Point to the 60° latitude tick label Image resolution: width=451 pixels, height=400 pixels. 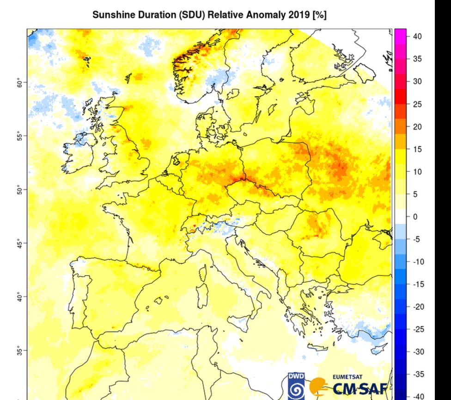(x=19, y=83)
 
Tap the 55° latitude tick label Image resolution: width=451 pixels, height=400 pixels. (x=19, y=136)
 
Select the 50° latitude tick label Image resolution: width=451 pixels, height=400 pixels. (x=19, y=190)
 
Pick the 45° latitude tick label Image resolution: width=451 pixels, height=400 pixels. (x=19, y=243)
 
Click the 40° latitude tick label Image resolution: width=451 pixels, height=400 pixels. (x=19, y=296)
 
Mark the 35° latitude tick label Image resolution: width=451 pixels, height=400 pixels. (x=19, y=350)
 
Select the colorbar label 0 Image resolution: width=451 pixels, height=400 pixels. (x=414, y=217)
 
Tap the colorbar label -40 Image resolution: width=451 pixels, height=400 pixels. (x=417, y=396)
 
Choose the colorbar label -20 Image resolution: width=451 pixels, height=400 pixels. (x=417, y=306)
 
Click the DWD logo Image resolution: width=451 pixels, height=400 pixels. (x=295, y=385)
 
